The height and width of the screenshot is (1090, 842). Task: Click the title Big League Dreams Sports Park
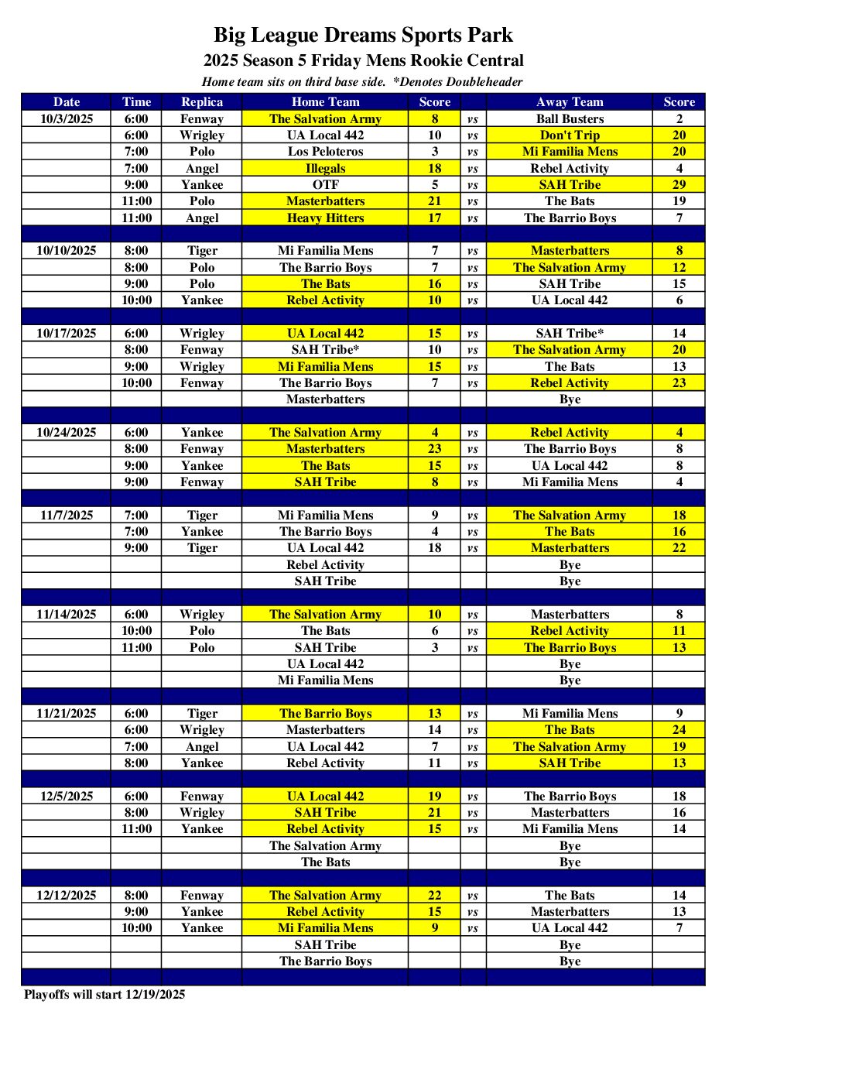coord(363,35)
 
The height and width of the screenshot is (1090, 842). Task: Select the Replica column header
coord(201,101)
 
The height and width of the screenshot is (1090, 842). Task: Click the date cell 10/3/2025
coord(67,118)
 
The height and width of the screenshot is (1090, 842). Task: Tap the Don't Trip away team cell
coord(570,135)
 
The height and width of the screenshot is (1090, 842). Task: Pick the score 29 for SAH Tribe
coord(679,184)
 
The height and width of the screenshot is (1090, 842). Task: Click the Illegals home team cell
coord(325,168)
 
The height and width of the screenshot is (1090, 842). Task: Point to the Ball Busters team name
coord(570,118)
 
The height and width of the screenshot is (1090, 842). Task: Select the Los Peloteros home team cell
coord(325,151)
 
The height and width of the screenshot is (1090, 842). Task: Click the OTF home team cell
coord(325,184)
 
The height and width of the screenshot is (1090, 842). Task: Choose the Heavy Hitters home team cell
coord(325,218)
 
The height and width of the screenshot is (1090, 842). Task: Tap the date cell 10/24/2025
coord(67,432)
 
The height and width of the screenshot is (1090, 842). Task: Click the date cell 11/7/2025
coord(67,515)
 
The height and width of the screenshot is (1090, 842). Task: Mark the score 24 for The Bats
coord(679,729)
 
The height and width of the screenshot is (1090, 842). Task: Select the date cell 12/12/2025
coord(67,895)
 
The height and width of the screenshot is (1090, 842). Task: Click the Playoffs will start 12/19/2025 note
coord(104,994)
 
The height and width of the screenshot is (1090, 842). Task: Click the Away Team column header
coord(570,101)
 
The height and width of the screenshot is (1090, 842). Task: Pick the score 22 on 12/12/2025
coord(434,895)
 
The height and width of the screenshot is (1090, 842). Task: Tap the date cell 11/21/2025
coord(67,713)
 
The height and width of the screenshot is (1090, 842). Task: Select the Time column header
coord(136,101)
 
